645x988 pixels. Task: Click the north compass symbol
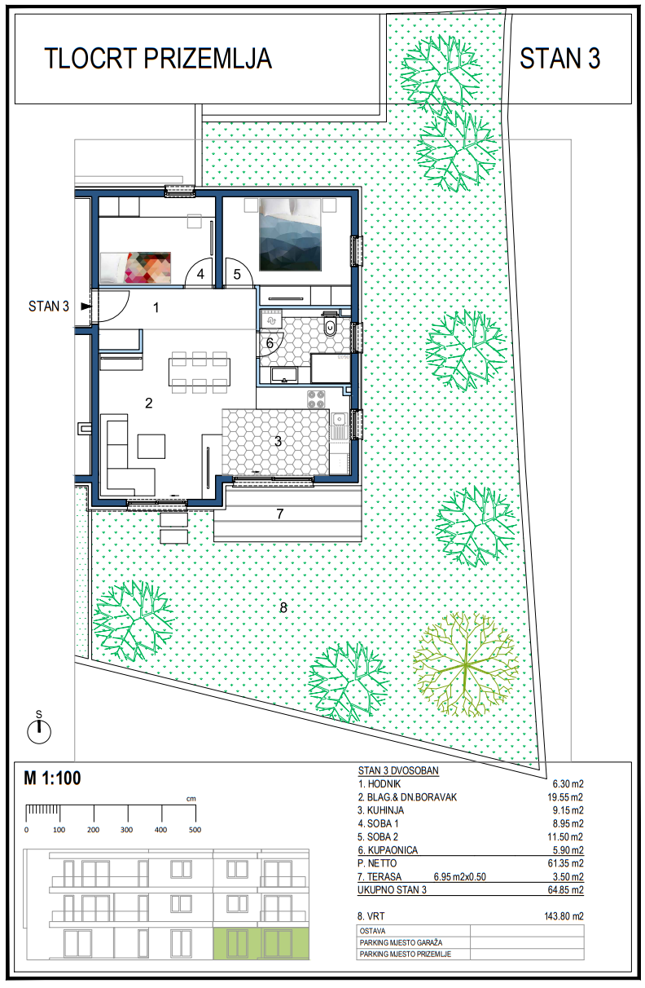[39, 729]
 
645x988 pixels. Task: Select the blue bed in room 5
[290, 234]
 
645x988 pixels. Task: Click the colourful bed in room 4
[136, 267]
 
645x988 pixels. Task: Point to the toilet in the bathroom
[330, 324]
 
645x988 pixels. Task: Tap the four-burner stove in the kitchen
[316, 399]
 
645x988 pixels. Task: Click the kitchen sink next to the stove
[340, 426]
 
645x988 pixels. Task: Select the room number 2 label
[149, 403]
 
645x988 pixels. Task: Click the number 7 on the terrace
[280, 514]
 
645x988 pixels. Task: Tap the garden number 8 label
[283, 608]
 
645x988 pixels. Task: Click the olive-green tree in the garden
[466, 664]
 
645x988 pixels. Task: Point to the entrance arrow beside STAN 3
[86, 307]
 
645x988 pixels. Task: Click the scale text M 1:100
[52, 778]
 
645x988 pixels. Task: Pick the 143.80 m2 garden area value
[564, 916]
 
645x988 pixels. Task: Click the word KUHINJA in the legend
[385, 810]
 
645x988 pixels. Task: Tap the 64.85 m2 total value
[566, 889]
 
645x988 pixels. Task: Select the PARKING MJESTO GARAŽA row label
[401, 942]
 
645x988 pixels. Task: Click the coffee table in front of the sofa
[151, 447]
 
